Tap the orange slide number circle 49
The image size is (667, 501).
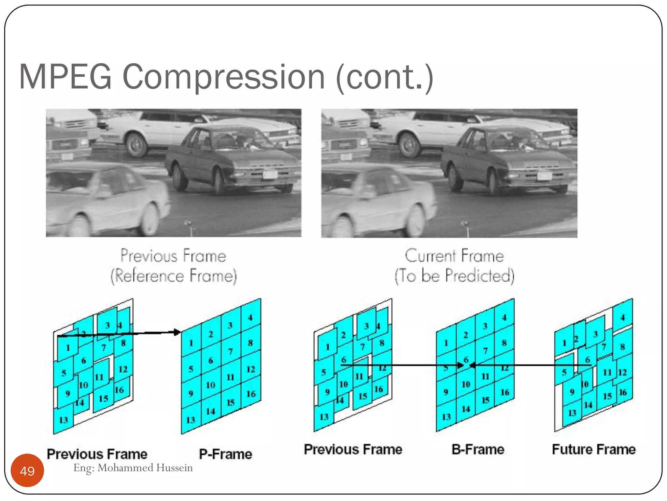27,471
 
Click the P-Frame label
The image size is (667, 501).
225,454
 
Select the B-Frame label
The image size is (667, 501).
478,449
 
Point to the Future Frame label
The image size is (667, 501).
594,449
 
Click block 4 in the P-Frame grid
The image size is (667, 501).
250,317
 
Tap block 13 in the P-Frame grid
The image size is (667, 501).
191,419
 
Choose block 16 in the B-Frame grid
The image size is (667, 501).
505,392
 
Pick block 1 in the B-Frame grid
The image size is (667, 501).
446,343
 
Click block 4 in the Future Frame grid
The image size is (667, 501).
622,317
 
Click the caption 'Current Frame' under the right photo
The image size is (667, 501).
454,255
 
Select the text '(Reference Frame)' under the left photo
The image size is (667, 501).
174,276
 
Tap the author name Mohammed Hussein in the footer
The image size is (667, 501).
145,468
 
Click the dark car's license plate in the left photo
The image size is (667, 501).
270,175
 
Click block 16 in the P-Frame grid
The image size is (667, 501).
251,394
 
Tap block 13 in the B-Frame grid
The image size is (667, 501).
446,417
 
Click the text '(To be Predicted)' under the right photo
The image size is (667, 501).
454,276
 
